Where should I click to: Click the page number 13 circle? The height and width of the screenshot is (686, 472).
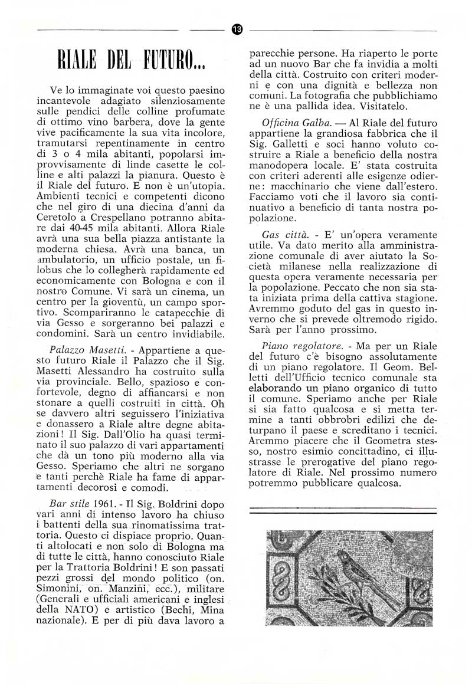[238, 29]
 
